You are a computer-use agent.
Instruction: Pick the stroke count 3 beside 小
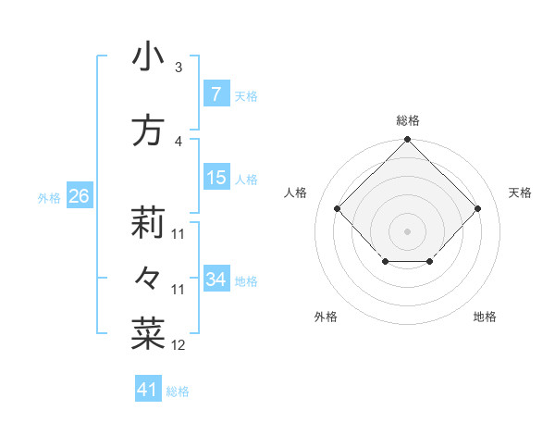(x=179, y=68)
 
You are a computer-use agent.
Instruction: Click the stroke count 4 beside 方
(x=179, y=142)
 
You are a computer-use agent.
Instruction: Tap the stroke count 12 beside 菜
(x=179, y=345)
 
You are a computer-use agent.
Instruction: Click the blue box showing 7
(x=216, y=93)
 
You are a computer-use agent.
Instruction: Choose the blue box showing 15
(x=216, y=178)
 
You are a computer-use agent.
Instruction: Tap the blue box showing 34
(x=216, y=279)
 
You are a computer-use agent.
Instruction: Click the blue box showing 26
(x=79, y=195)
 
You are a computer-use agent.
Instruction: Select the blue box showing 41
(x=148, y=390)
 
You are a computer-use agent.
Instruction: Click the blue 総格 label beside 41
(x=178, y=391)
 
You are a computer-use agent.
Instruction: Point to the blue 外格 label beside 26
(x=49, y=197)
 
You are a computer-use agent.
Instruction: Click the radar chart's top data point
(x=407, y=140)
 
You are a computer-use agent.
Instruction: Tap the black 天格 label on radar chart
(x=520, y=193)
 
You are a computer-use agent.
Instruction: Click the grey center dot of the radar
(x=407, y=230)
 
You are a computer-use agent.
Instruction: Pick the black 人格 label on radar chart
(x=296, y=193)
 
